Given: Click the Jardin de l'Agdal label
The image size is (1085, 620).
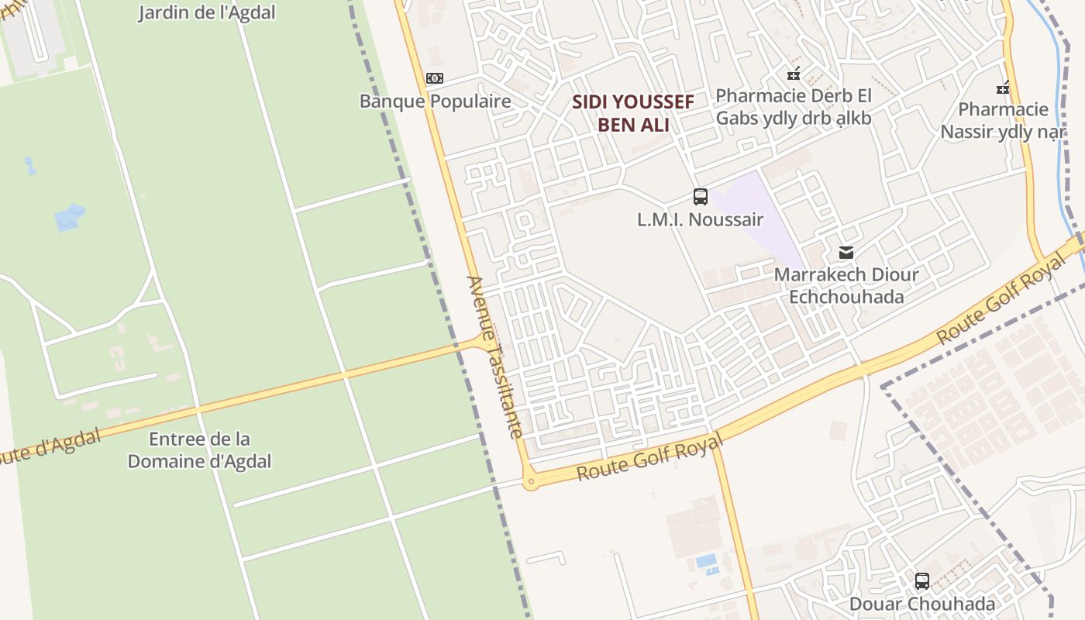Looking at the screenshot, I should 206,12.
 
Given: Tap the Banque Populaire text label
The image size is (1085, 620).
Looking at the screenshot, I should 435,102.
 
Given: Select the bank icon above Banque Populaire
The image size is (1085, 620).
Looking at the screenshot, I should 435,78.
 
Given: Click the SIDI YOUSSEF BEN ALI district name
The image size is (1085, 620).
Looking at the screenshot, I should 633,113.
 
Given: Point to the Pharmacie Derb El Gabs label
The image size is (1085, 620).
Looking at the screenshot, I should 794,107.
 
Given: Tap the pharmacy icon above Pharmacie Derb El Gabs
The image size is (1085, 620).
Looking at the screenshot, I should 794,74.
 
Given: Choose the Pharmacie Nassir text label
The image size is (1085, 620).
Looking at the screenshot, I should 1003,120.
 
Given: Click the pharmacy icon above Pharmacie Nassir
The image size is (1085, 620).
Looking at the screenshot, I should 1003,88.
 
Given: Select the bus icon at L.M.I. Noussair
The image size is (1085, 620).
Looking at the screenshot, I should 701,197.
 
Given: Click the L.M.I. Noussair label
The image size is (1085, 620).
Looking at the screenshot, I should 700,220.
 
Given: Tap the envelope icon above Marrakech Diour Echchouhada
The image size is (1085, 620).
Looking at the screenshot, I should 846,253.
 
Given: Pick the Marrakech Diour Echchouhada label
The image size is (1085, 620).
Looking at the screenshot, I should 846,286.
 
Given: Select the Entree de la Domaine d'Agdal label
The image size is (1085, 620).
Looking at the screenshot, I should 199,450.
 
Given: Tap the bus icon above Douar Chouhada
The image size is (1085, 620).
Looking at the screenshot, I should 922,580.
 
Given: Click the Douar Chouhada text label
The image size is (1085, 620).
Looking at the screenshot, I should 922,604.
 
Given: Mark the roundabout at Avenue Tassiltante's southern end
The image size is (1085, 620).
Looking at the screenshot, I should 531,483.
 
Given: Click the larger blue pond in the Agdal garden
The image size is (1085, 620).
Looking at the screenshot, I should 70,216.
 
